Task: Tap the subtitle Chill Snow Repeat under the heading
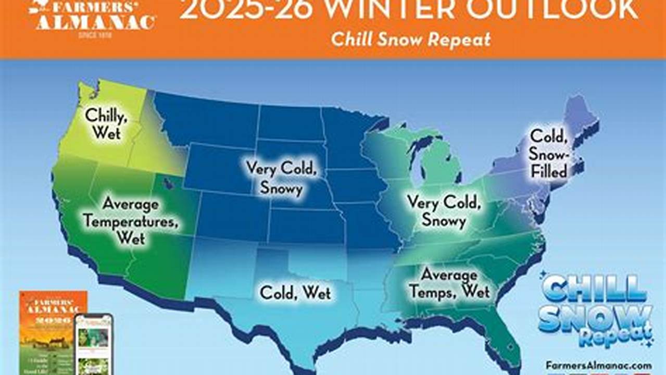411,40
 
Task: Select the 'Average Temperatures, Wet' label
131,221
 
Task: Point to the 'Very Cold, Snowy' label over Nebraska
281,177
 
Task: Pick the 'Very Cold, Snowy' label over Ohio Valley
443,211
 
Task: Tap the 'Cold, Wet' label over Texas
295,292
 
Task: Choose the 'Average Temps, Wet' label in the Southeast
449,283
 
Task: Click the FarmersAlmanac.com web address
599,366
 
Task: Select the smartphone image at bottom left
94,344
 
